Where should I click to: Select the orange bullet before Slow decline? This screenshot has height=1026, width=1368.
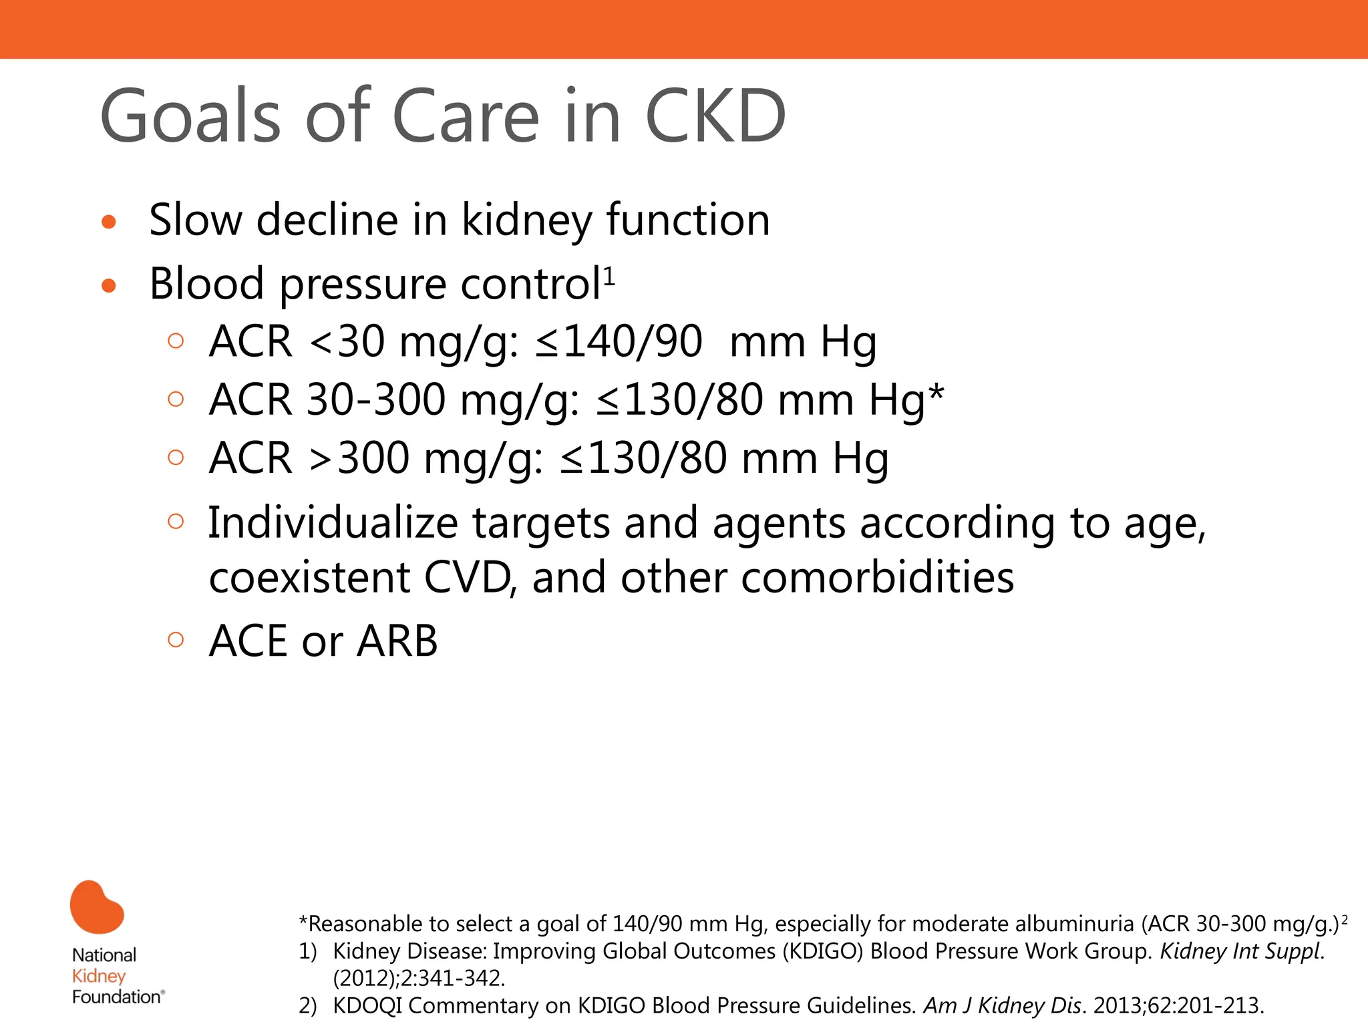click(109, 222)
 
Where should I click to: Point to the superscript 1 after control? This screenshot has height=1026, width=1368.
click(609, 275)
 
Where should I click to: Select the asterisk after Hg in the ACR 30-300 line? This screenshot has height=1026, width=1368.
click(936, 394)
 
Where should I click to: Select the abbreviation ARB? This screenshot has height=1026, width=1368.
click(397, 641)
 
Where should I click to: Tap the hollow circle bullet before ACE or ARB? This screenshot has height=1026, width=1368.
click(176, 640)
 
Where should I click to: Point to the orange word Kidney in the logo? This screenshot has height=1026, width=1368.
click(99, 976)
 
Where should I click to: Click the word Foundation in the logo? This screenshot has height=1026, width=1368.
click(116, 997)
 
